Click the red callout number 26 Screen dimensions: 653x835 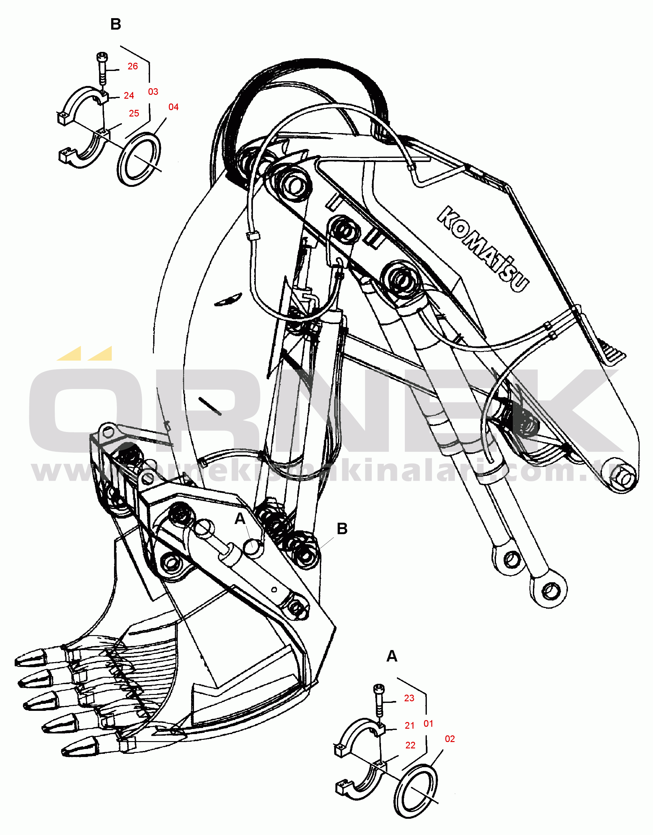click(133, 67)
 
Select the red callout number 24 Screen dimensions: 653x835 click(129, 96)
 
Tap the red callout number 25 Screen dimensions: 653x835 click(134, 114)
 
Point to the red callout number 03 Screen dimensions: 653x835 click(153, 92)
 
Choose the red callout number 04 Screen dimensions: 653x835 click(173, 107)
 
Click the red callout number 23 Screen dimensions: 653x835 click(409, 698)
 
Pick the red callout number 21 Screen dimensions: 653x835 click(410, 726)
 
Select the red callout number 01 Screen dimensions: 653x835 click(428, 724)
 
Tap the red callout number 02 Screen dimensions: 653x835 click(450, 739)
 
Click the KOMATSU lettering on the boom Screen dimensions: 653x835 click(483, 249)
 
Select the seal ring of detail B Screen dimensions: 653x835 click(139, 159)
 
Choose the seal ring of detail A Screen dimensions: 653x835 click(415, 791)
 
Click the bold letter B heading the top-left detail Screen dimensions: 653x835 click(116, 25)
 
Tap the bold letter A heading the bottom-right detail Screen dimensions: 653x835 click(392, 656)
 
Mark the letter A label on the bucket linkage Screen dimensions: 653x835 click(240, 519)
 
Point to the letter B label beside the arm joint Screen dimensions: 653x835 click(342, 529)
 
